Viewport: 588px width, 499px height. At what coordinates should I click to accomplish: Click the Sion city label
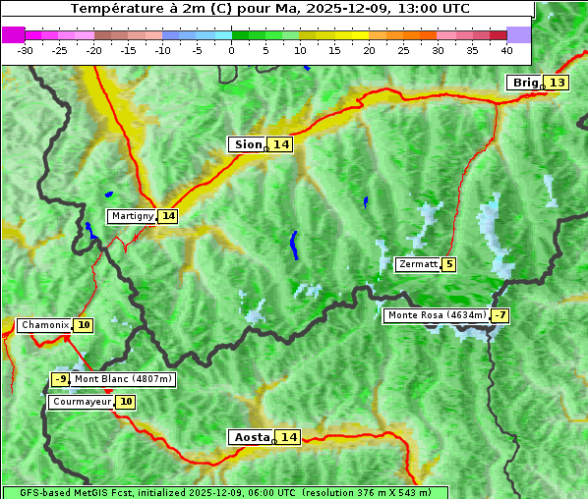coord(247,144)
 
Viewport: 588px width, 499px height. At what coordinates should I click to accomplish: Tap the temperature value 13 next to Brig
coord(558,83)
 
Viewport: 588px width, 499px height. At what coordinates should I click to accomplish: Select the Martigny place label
coord(132,216)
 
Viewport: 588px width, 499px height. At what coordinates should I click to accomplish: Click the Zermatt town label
coord(418,264)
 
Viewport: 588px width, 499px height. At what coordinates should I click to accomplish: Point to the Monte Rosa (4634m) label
coord(437,315)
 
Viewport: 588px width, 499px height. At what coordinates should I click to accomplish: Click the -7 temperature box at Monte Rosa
coord(500,315)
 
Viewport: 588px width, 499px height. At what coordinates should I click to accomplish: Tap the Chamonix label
coord(44,325)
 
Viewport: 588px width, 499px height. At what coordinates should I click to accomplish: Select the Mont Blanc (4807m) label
coord(123,379)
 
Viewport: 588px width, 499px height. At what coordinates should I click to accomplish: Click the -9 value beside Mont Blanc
coord(60,379)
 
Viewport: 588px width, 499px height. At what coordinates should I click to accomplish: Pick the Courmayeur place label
coord(82,402)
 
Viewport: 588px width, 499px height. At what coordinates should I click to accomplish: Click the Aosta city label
coord(251,437)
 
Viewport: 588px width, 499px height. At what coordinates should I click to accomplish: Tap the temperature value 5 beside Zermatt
coord(449,264)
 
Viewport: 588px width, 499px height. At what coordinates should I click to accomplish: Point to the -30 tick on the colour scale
coord(26,50)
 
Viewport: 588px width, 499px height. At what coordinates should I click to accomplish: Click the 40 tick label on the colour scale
coord(505,50)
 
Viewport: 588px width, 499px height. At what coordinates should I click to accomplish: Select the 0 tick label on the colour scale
coord(231,50)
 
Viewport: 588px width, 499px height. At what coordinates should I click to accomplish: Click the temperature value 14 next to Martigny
coord(168,216)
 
